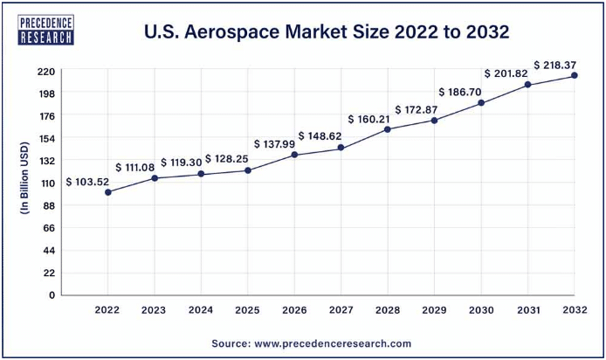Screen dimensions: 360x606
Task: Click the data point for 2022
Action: [x=107, y=192]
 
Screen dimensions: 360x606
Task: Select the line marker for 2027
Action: [x=341, y=148]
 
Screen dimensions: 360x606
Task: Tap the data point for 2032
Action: [x=574, y=76]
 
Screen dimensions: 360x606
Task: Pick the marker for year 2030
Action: [x=480, y=103]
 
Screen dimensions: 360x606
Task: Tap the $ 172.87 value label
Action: [x=417, y=110]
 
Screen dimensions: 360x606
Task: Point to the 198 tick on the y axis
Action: [x=46, y=93]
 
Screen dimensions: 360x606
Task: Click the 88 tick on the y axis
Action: [x=49, y=205]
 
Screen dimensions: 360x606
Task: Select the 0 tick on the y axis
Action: [x=52, y=295]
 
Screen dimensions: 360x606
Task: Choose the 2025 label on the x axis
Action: [x=247, y=310]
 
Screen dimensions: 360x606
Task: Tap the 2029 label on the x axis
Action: [x=434, y=310]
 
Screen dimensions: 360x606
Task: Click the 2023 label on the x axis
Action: [x=154, y=310]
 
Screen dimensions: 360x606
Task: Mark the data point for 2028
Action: [x=387, y=129]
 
